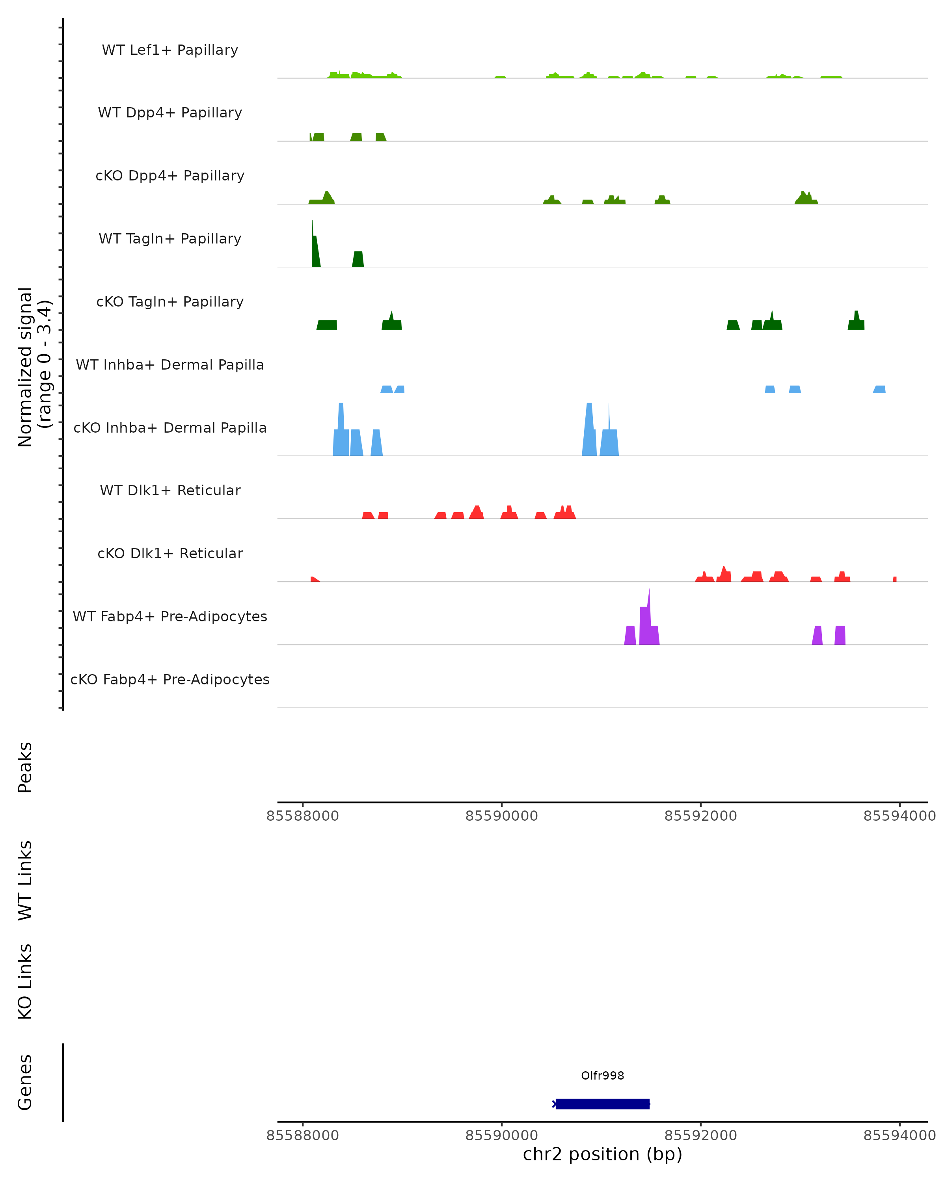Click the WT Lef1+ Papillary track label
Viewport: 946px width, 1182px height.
(170, 50)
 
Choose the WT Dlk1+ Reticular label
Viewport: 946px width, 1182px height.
(170, 490)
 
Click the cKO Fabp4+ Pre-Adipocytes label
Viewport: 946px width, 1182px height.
(170, 679)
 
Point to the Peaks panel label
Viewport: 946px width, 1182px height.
(25, 767)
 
